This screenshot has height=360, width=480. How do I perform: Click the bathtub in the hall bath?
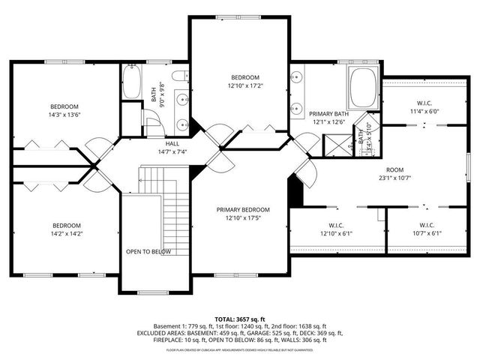132,82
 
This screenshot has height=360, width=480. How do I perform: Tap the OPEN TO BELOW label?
148,251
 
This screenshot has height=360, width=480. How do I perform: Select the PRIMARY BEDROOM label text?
243,209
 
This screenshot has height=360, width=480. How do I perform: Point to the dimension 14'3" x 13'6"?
64,115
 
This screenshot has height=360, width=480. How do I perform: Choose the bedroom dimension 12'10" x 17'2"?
244,86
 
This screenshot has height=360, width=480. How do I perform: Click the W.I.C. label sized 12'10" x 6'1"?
335,233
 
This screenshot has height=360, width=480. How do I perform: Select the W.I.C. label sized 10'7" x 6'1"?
427,233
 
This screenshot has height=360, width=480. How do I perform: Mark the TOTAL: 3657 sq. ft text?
240,319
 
